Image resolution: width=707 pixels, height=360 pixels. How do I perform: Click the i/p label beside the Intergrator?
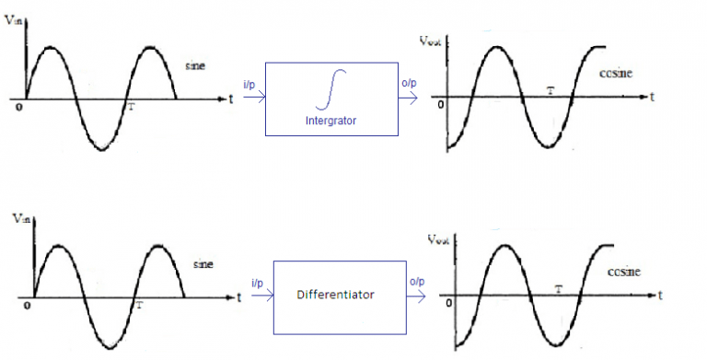[249, 86]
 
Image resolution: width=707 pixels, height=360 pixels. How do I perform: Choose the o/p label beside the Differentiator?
[416, 282]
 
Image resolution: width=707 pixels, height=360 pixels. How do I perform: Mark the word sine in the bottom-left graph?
[203, 264]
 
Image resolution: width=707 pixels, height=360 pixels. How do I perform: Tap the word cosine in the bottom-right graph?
[623, 272]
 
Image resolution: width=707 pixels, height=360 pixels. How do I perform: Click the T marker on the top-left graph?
[131, 107]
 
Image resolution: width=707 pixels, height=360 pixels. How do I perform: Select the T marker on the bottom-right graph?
[559, 289]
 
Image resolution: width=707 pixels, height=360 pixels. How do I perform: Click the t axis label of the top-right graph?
[651, 95]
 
